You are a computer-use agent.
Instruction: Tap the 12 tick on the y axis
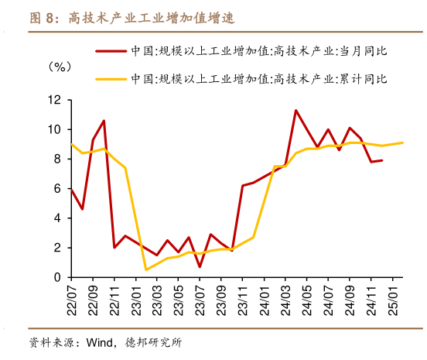[x=54, y=100]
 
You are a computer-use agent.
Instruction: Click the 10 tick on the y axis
[x=54, y=129]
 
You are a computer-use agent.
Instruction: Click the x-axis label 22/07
[x=72, y=299]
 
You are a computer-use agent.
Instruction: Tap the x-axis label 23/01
[x=135, y=299]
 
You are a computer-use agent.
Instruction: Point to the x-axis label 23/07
[x=200, y=299]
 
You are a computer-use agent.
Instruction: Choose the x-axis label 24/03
[x=285, y=299]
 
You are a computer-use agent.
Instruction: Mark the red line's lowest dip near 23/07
[x=200, y=267]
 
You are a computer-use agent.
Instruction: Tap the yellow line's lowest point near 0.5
[x=146, y=269]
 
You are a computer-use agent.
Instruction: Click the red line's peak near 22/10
[x=104, y=121]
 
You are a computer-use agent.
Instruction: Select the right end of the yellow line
[x=402, y=142]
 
